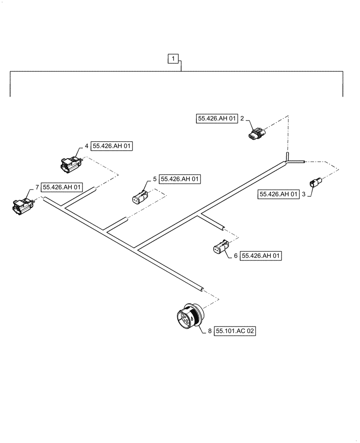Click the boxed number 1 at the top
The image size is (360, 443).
[x=173, y=58]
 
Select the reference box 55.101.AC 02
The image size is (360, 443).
[x=235, y=331]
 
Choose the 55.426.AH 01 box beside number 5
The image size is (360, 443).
[x=180, y=179]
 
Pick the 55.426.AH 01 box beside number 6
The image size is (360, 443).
[x=261, y=256]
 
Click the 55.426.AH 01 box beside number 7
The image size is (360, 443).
[x=62, y=187]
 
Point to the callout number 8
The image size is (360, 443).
[x=210, y=331]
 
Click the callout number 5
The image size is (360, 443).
[x=155, y=179]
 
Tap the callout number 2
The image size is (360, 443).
[x=242, y=119]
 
